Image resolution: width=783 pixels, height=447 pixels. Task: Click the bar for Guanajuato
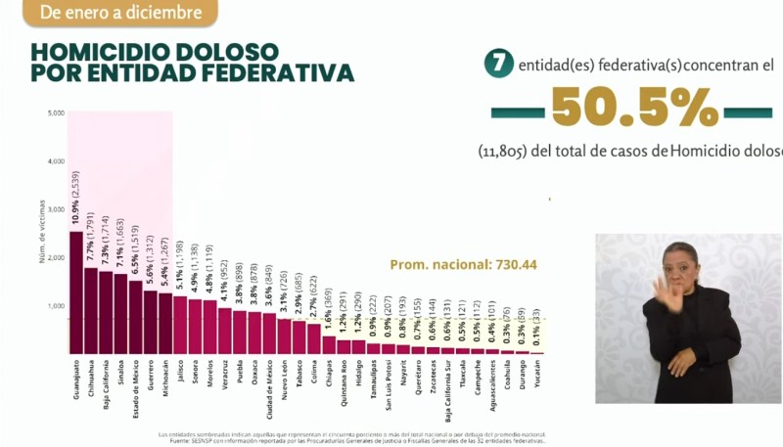pos(75,292)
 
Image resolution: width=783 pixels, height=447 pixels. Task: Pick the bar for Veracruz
pos(224,332)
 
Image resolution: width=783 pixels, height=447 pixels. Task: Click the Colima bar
pos(313,338)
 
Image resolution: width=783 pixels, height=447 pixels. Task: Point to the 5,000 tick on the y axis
pos(55,113)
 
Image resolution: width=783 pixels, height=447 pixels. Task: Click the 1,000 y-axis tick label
pos(55,305)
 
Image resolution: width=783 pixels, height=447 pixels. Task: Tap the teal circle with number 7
pos(499,66)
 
